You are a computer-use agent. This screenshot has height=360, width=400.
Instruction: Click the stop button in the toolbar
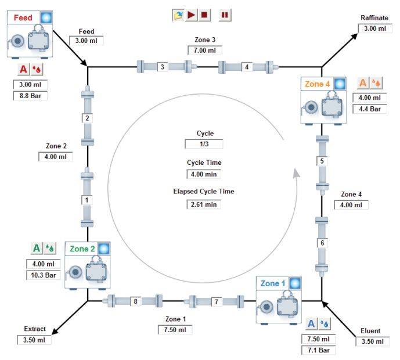click(x=205, y=15)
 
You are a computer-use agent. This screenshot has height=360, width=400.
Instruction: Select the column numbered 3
click(x=162, y=67)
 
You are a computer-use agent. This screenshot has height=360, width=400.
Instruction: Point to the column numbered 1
click(x=87, y=200)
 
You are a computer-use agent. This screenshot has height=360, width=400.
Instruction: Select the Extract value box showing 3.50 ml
click(x=34, y=340)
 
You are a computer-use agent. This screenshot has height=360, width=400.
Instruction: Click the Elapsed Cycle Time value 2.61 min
click(x=204, y=204)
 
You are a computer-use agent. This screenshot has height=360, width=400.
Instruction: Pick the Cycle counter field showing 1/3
click(x=204, y=144)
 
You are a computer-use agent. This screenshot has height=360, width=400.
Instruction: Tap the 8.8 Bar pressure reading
click(x=30, y=95)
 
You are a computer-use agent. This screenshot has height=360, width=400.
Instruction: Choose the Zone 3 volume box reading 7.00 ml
click(x=205, y=51)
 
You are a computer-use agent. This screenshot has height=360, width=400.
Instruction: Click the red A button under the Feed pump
click(x=23, y=70)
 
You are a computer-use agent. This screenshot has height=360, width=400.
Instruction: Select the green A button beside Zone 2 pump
click(x=37, y=249)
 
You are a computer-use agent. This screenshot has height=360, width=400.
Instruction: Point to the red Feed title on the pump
click(x=24, y=17)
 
